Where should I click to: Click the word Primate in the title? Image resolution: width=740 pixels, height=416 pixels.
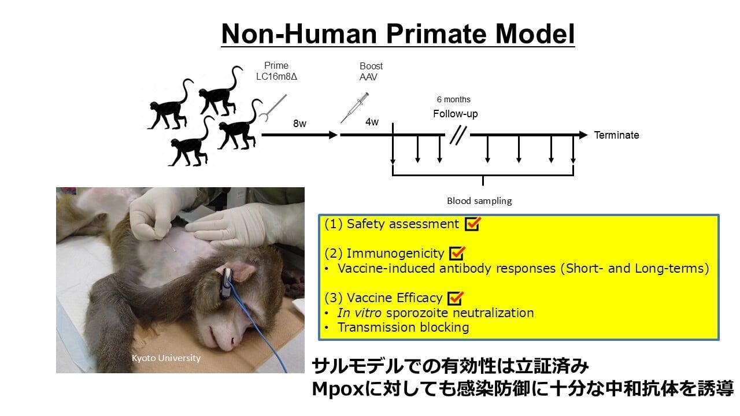436,34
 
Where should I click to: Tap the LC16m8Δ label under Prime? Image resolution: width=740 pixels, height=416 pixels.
276,77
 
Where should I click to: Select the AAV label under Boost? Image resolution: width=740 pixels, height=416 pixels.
368,77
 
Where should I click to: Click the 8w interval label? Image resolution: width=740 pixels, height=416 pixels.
299,124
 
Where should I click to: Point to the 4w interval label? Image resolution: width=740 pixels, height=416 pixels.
372,122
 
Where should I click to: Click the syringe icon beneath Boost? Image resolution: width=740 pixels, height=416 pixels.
354,107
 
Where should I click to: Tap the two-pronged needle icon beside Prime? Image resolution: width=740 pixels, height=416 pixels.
272,107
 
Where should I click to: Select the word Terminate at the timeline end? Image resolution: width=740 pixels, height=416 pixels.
616,135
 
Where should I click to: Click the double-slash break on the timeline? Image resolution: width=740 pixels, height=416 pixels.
458,135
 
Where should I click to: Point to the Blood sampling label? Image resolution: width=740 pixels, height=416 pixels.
479,200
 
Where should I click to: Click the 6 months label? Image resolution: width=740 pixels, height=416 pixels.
454,99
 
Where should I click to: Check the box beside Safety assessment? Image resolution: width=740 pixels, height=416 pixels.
473,224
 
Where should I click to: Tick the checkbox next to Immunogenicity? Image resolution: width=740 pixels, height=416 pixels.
457,253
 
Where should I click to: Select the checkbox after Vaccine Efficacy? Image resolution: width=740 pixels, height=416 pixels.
456,298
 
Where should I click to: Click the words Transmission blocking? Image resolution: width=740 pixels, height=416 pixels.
403,328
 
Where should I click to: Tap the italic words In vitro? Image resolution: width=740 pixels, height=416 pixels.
360,313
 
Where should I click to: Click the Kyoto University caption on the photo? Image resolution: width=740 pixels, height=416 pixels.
166,358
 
